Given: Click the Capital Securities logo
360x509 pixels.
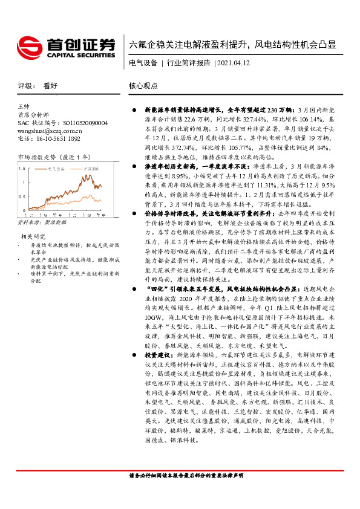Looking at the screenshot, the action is click(65, 46).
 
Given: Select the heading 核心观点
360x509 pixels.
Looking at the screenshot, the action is click(143, 86).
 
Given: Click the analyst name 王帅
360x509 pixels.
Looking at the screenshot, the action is click(24, 106).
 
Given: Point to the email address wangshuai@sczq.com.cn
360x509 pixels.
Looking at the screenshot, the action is click(50, 130).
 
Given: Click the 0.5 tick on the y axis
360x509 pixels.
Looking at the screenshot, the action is click(22, 196).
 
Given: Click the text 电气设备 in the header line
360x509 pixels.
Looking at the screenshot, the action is click(143, 63).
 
